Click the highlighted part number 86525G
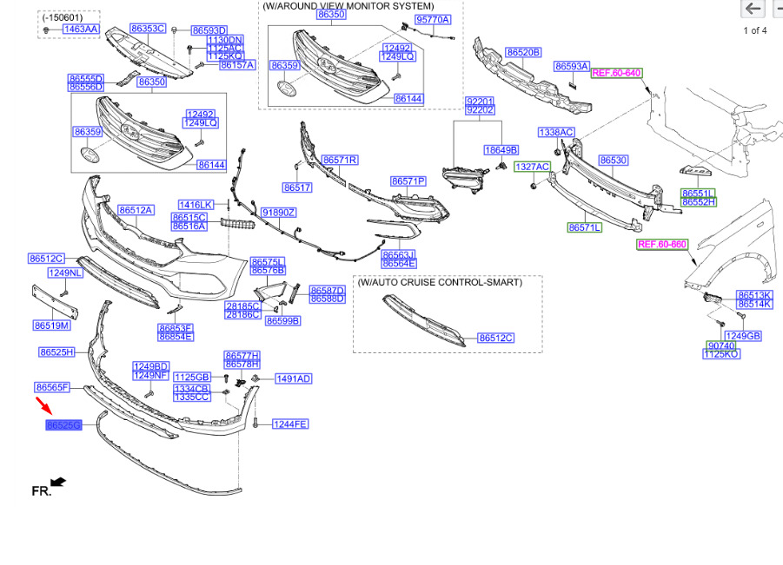point(63,425)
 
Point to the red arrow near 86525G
point(43,405)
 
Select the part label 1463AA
point(80,30)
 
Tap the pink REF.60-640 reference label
point(616,73)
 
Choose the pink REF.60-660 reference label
point(662,245)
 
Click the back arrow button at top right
point(753,10)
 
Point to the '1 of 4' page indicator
point(754,31)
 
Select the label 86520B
point(524,53)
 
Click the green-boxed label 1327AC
point(532,166)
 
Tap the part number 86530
point(614,161)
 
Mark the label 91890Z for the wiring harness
point(279,213)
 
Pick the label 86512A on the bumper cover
point(136,210)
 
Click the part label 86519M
point(51,325)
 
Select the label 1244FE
point(290,424)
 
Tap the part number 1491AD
point(293,378)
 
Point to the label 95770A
point(432,19)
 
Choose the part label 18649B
point(501,150)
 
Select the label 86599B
point(282,321)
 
